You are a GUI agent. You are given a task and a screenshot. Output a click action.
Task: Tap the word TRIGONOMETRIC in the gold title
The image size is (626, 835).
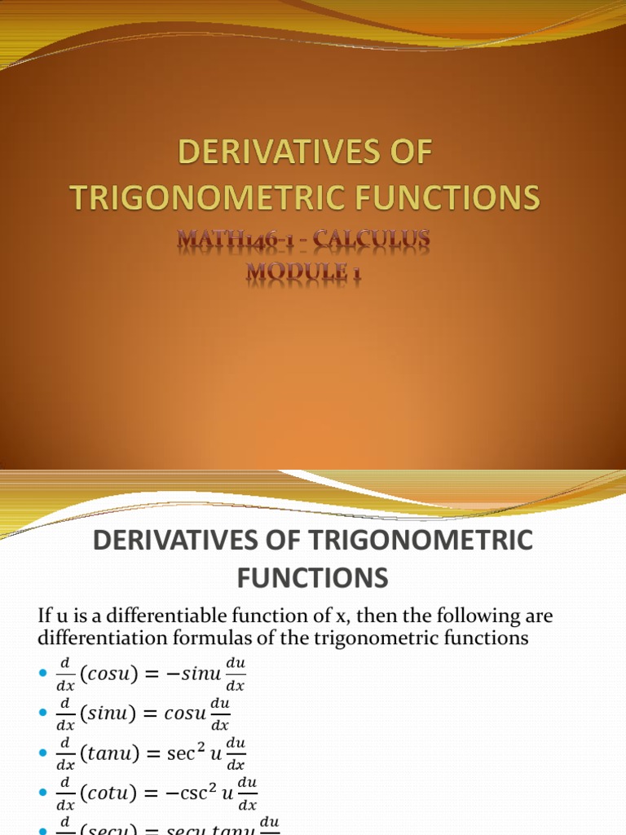[214, 197]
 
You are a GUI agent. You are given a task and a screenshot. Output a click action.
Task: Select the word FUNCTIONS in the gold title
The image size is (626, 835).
[450, 197]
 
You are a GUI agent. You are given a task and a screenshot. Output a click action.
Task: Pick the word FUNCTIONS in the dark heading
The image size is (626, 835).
[312, 578]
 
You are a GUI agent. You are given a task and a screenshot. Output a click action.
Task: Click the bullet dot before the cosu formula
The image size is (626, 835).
[44, 673]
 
